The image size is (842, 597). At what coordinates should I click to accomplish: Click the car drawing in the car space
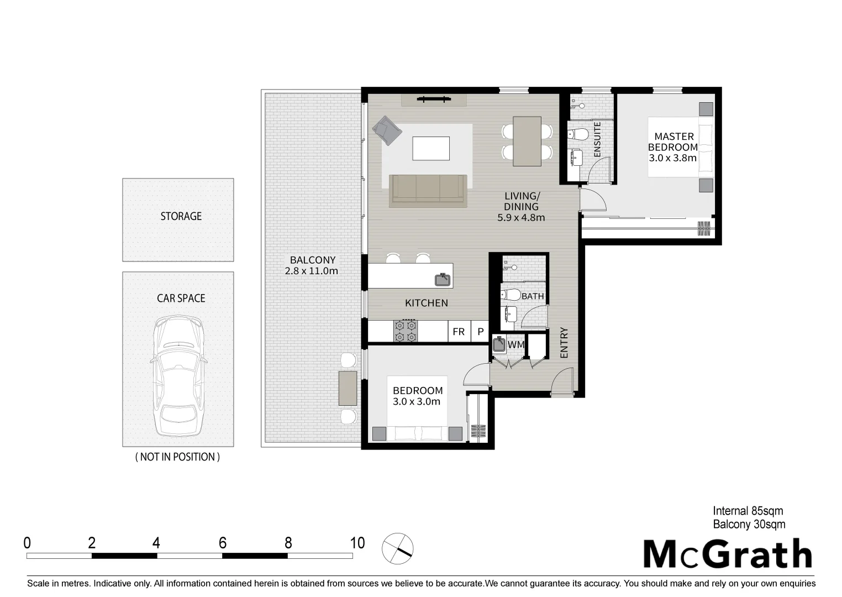click(178, 377)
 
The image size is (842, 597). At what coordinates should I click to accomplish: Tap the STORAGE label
click(181, 216)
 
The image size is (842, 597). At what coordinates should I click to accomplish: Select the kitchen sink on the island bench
click(443, 280)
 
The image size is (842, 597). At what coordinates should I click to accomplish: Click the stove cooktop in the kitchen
click(405, 331)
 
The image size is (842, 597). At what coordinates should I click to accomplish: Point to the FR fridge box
click(459, 332)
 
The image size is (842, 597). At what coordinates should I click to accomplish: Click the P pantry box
click(481, 332)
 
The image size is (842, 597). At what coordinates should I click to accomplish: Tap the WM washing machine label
click(515, 344)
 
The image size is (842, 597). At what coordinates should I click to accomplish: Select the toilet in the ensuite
click(580, 134)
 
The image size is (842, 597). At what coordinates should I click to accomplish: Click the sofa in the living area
click(428, 190)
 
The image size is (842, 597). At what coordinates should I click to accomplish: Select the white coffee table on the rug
click(431, 148)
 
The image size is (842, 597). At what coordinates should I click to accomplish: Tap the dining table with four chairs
click(527, 141)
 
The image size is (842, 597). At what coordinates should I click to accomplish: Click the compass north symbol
click(398, 548)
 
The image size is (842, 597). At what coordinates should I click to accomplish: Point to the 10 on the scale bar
click(357, 543)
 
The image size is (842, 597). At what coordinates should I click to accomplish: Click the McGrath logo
click(728, 554)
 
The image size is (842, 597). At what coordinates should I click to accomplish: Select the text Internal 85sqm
click(748, 511)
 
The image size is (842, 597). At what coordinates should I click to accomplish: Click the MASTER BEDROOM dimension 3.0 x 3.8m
click(672, 158)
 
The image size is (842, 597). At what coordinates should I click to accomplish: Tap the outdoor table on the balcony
click(348, 388)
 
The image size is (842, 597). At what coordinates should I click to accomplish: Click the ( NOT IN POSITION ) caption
click(177, 457)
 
